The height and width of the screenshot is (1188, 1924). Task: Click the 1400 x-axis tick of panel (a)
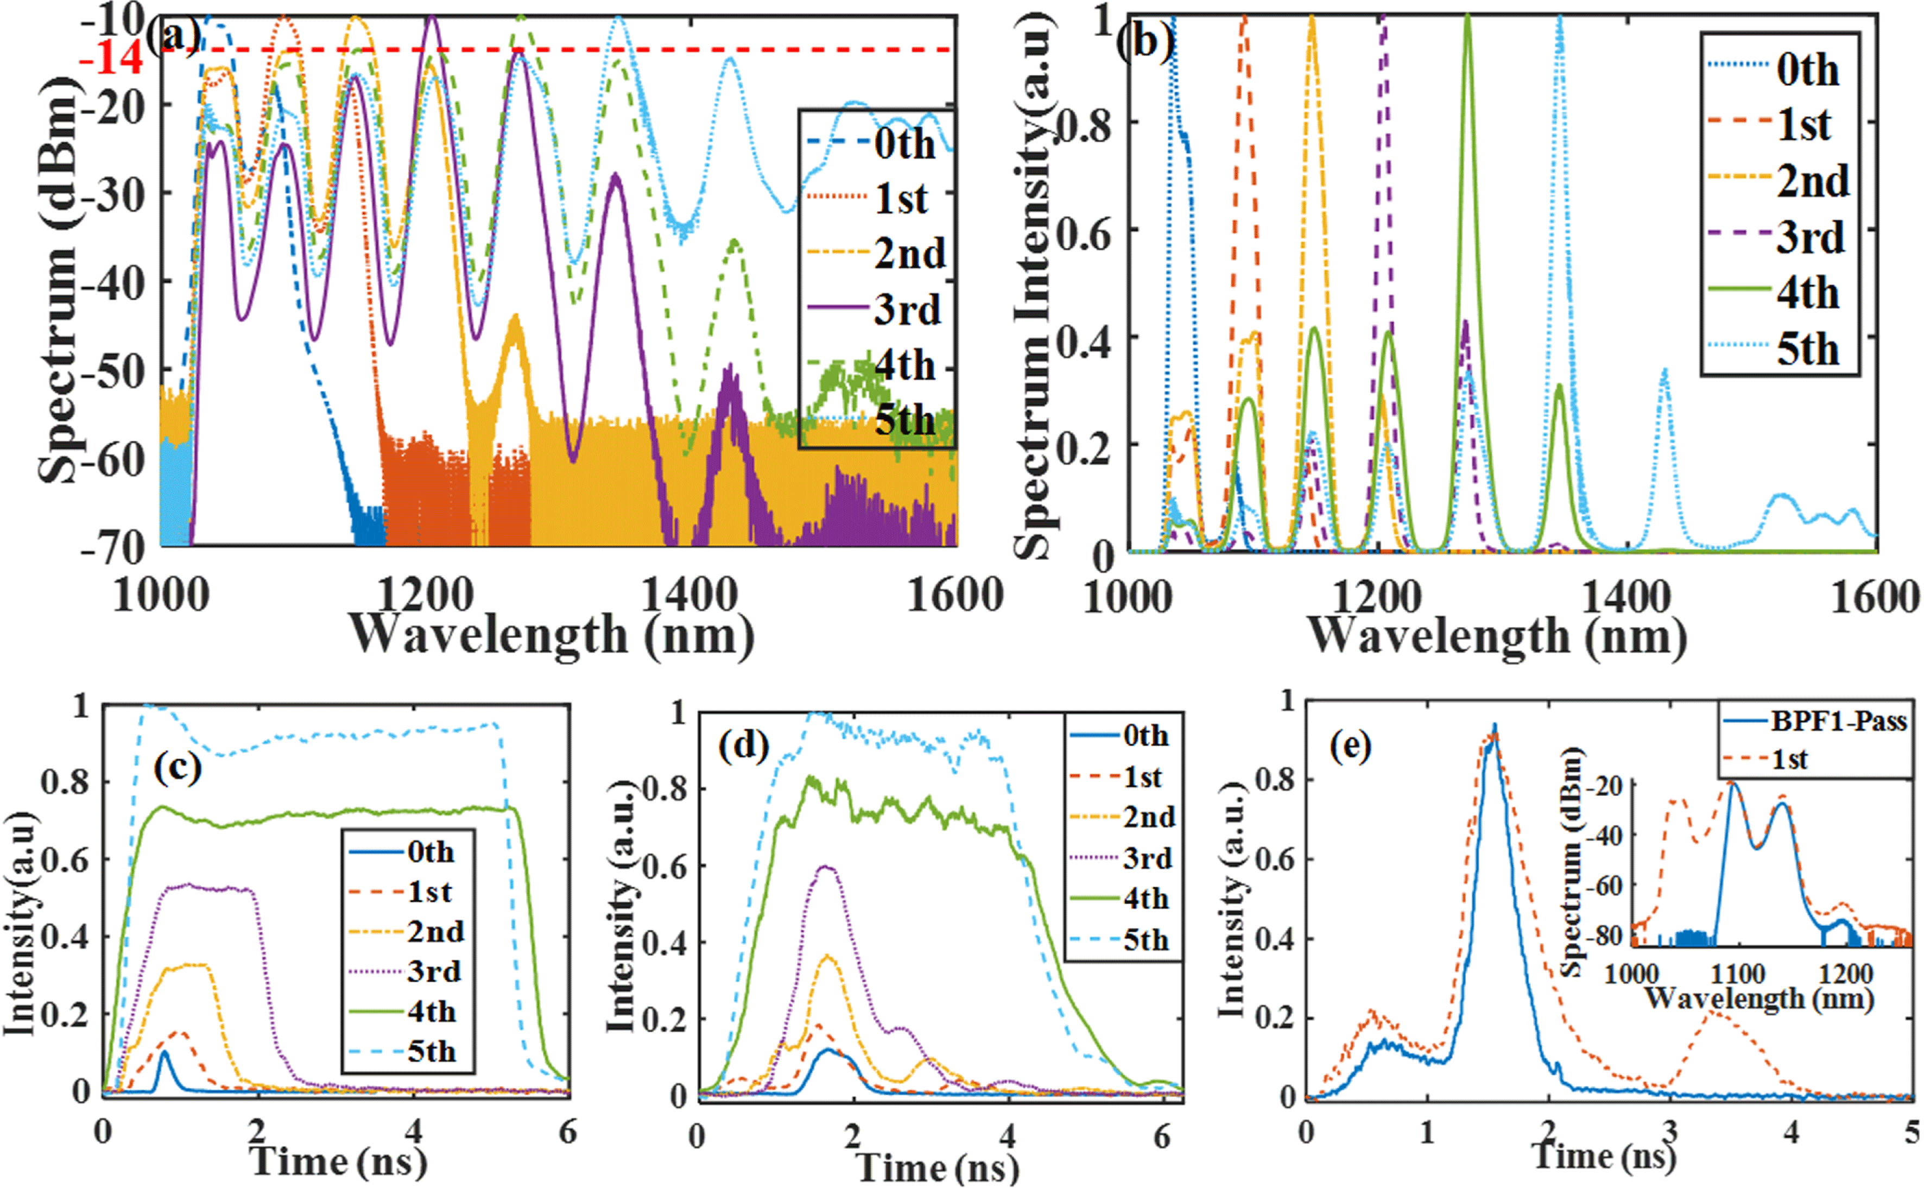point(689,595)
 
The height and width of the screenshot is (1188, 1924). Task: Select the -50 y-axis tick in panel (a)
point(114,370)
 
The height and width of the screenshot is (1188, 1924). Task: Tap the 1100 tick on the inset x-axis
point(1737,974)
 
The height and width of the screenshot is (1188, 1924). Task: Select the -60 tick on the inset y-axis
point(1611,886)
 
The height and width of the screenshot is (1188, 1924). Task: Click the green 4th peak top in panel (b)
point(1467,17)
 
